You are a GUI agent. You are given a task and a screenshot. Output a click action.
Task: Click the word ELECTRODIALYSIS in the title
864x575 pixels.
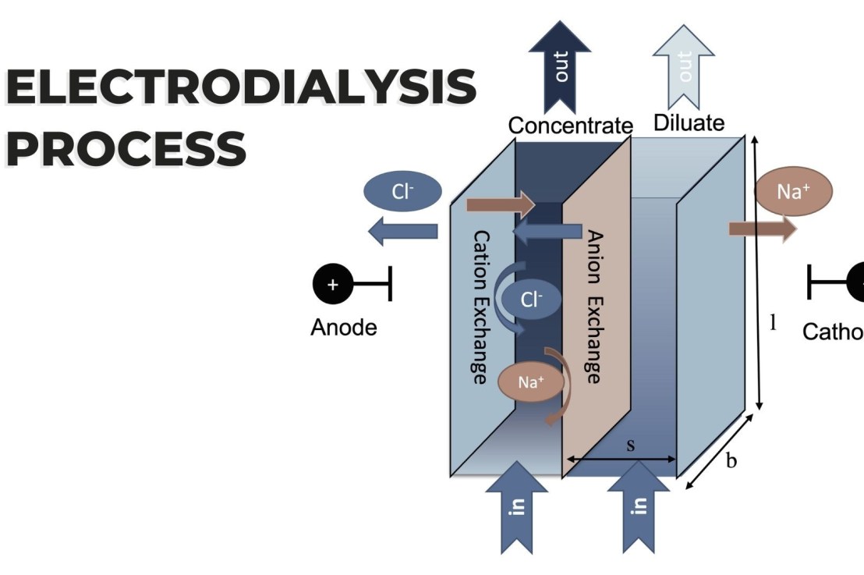[x=240, y=87]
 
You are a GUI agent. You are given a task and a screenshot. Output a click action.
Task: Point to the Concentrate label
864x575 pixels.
[x=569, y=125]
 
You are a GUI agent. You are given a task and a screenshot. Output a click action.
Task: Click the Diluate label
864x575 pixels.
[x=689, y=122]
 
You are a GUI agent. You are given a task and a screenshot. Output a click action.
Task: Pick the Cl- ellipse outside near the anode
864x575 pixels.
[x=402, y=192]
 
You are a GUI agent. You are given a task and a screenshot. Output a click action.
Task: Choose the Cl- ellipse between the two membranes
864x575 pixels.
[x=530, y=300]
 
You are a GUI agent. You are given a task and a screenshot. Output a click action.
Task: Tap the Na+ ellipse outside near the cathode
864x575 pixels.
[x=794, y=192]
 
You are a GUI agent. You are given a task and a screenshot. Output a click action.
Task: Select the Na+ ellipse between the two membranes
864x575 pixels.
[x=531, y=382]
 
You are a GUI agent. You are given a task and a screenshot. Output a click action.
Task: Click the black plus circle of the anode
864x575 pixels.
[x=333, y=285]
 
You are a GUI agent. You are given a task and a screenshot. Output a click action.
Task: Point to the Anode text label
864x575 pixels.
[x=343, y=328]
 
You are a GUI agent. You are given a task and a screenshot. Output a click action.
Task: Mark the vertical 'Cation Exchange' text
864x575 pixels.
[x=480, y=307]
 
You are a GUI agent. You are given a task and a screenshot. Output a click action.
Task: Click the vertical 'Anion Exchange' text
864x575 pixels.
[x=593, y=307]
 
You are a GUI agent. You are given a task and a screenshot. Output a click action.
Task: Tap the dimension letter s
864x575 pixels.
[x=631, y=445]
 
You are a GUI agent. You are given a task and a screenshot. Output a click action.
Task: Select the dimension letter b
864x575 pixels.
[x=731, y=461]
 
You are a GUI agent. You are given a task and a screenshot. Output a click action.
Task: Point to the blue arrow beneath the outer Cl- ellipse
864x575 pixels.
[x=403, y=231]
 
